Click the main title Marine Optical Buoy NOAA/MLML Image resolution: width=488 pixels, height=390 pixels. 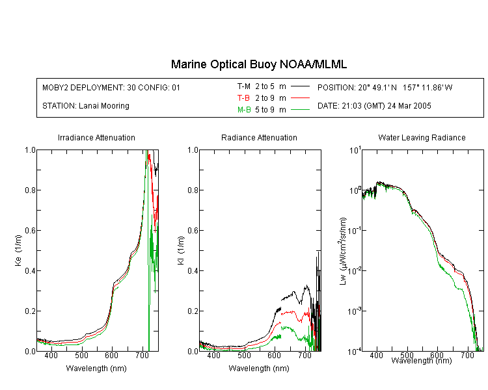pos(258,64)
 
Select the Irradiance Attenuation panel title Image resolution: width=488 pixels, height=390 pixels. pos(96,137)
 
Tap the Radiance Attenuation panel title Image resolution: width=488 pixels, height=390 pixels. pos(259,137)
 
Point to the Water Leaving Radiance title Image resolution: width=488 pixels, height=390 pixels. pos(422,137)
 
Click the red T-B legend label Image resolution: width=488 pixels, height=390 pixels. pos(243,98)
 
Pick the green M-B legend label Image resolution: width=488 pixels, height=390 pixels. pos(244,110)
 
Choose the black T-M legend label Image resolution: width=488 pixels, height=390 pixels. pos(244,86)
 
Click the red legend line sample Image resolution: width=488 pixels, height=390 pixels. pos(300,98)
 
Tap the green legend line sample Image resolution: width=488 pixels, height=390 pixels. pos(300,109)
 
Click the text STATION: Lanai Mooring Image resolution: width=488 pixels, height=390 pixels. pos(86,106)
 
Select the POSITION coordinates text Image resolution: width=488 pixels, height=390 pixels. pos(385,87)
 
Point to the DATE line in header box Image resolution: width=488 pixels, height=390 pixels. pos(374,106)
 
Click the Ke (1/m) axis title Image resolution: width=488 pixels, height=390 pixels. pos(18,250)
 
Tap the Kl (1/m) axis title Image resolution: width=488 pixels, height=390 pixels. pos(181,250)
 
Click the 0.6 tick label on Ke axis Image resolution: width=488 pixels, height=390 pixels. pos(30,231)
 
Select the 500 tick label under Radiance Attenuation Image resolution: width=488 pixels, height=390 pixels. pos(244,355)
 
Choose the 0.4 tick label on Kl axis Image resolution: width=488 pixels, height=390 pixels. pos(193,271)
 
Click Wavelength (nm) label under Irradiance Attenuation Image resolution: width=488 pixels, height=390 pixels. pos(96,369)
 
